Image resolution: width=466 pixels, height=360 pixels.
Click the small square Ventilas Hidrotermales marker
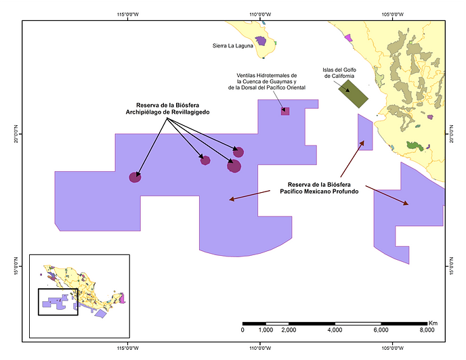click(x=285, y=111)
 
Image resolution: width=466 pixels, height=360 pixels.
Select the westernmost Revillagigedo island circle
click(x=135, y=177)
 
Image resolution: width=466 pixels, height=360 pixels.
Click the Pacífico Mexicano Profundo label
click(x=319, y=188)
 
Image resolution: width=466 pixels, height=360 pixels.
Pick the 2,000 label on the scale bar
click(x=289, y=330)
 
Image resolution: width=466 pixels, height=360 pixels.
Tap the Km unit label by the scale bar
click(x=433, y=322)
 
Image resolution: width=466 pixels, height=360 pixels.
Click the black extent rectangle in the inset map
click(x=58, y=302)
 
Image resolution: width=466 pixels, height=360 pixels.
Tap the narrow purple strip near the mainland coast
click(x=364, y=132)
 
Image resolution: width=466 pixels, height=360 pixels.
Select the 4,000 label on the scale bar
click(x=335, y=330)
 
